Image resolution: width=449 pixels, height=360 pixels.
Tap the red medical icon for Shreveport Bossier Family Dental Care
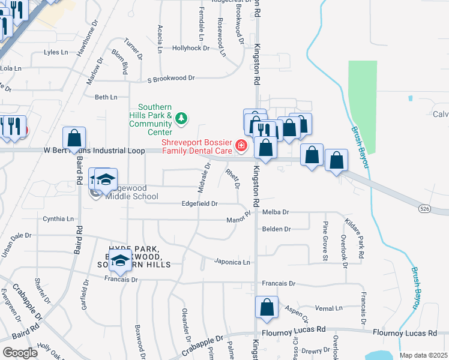click(x=241, y=145)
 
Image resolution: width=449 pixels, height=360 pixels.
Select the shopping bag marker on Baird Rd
click(x=74, y=138)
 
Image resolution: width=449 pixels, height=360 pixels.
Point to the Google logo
click(x=20, y=353)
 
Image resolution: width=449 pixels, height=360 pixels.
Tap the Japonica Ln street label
click(x=233, y=262)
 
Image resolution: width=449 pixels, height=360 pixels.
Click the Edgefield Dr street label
click(x=199, y=204)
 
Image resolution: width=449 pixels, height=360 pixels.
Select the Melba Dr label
click(x=276, y=212)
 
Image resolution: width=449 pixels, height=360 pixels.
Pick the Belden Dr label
click(x=276, y=229)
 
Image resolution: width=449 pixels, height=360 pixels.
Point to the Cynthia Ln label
click(x=58, y=219)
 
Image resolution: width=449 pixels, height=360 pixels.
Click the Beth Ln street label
click(x=106, y=97)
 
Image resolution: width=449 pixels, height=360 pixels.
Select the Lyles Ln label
click(x=56, y=52)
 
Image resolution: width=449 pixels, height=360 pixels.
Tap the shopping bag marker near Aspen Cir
click(x=267, y=307)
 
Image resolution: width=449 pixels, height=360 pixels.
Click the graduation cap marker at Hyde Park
click(x=121, y=262)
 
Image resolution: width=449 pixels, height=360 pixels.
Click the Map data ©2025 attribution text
click(x=424, y=355)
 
